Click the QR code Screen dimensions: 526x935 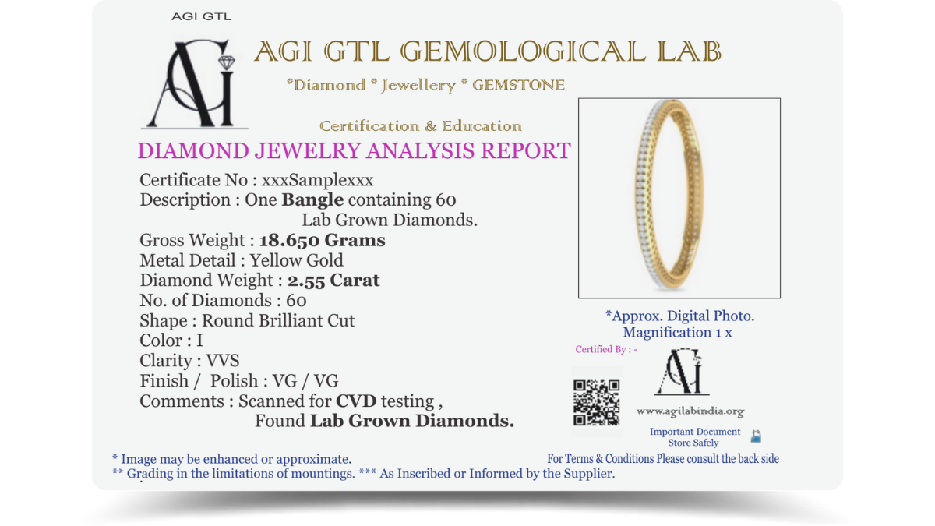click(x=596, y=402)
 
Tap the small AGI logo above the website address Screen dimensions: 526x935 click(x=682, y=372)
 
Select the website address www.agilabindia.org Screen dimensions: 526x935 click(x=690, y=411)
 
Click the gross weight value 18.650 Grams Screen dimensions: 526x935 click(x=322, y=241)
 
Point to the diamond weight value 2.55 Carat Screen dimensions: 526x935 click(x=333, y=281)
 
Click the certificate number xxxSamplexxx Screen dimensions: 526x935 click(x=317, y=180)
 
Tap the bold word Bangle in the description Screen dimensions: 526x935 click(x=312, y=200)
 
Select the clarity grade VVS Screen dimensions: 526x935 click(x=223, y=361)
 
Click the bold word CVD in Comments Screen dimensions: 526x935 click(x=356, y=401)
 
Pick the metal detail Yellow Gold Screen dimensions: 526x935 click(x=297, y=260)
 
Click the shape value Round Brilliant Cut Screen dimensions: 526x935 click(x=278, y=320)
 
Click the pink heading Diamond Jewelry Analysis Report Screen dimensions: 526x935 click(x=354, y=150)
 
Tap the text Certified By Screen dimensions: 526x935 click(x=606, y=349)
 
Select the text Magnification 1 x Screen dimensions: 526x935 click(x=677, y=333)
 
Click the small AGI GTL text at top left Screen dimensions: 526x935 click(x=201, y=16)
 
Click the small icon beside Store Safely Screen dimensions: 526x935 click(x=756, y=437)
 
